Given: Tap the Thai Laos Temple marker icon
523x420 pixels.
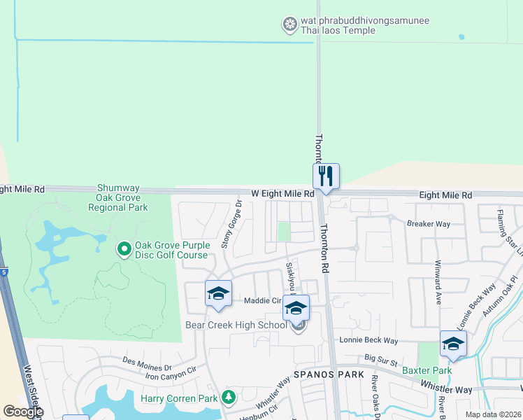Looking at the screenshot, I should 289,26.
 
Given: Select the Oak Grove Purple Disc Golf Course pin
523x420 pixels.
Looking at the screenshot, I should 124,248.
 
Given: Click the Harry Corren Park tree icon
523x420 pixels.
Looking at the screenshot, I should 228,398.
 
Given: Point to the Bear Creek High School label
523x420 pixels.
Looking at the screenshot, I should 236,325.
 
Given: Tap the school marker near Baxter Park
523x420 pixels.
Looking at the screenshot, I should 453,344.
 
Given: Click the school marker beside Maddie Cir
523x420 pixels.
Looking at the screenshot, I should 218,293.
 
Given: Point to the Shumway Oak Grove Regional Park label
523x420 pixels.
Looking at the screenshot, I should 122,198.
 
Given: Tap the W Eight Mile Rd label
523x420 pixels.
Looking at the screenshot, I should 284,194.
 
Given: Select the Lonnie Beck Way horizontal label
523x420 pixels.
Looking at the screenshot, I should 368,340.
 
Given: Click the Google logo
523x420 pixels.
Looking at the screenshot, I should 23,412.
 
